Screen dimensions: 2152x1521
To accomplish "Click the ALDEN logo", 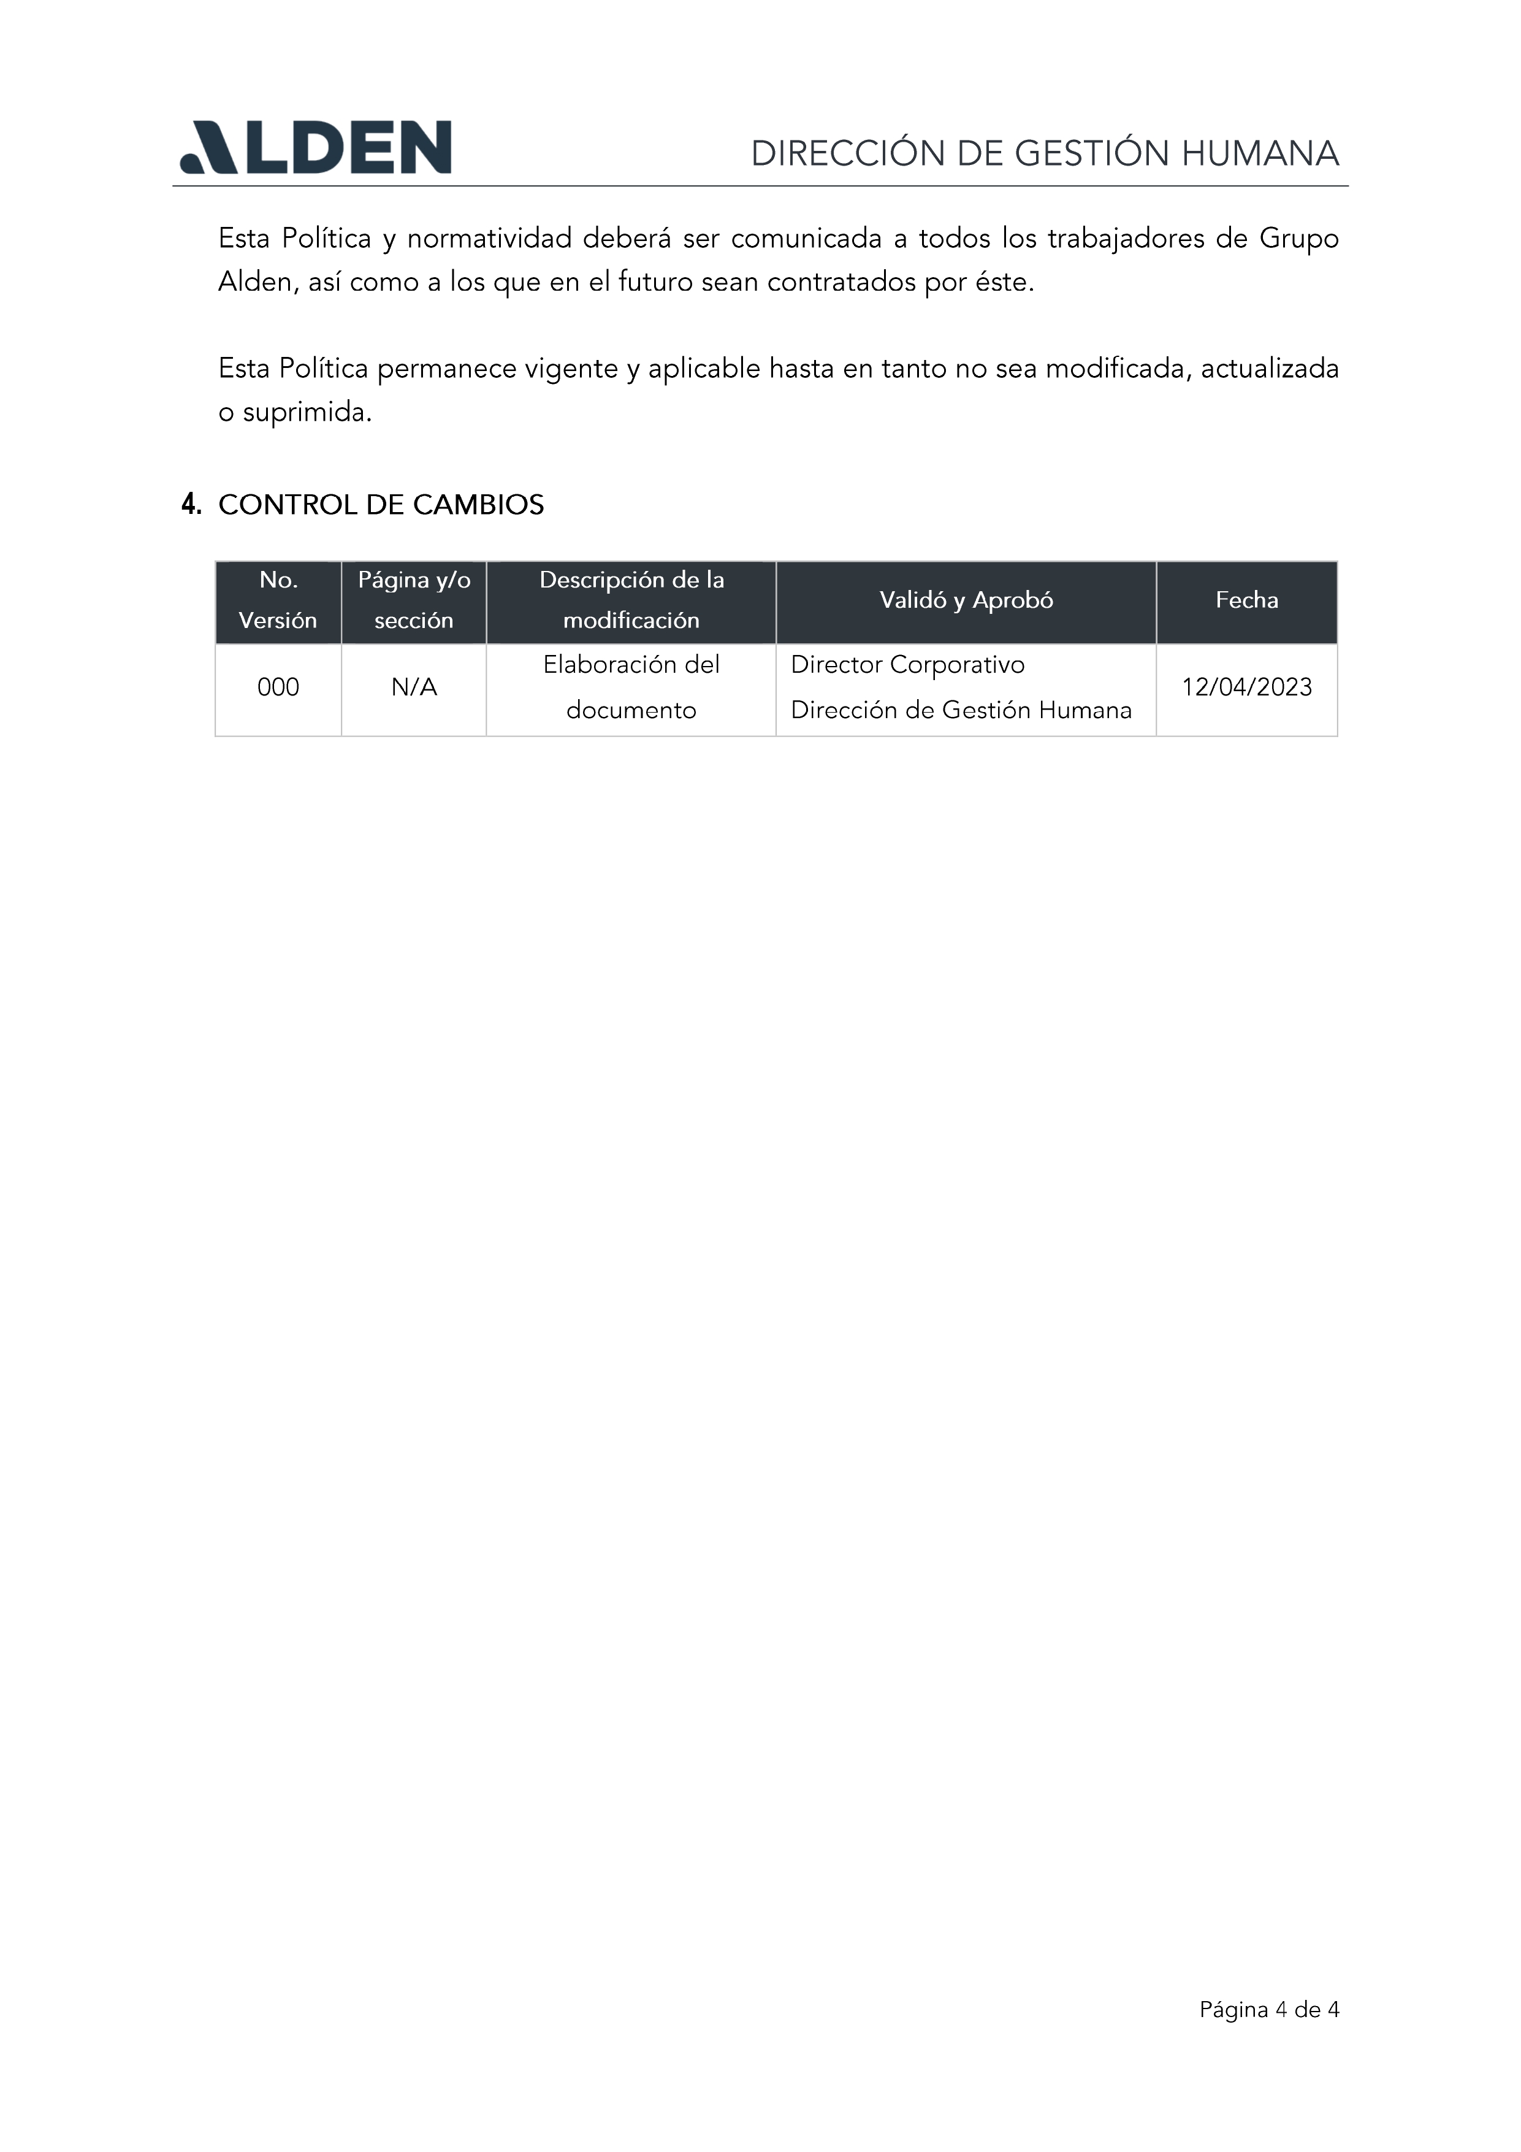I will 316,147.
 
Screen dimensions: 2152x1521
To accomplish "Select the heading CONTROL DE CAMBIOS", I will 381,505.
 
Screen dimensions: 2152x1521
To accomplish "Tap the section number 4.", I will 191,505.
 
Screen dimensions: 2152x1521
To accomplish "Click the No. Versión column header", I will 278,600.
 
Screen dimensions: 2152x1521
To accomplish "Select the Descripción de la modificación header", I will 631,600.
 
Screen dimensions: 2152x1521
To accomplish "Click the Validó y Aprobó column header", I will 966,600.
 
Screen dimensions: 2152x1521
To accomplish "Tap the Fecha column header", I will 1246,600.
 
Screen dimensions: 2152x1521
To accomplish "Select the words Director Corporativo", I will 907,665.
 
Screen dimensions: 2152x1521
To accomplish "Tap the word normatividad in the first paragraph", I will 489,239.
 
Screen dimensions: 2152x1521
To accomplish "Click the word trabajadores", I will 1126,239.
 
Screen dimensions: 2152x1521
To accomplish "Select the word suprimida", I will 307,412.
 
